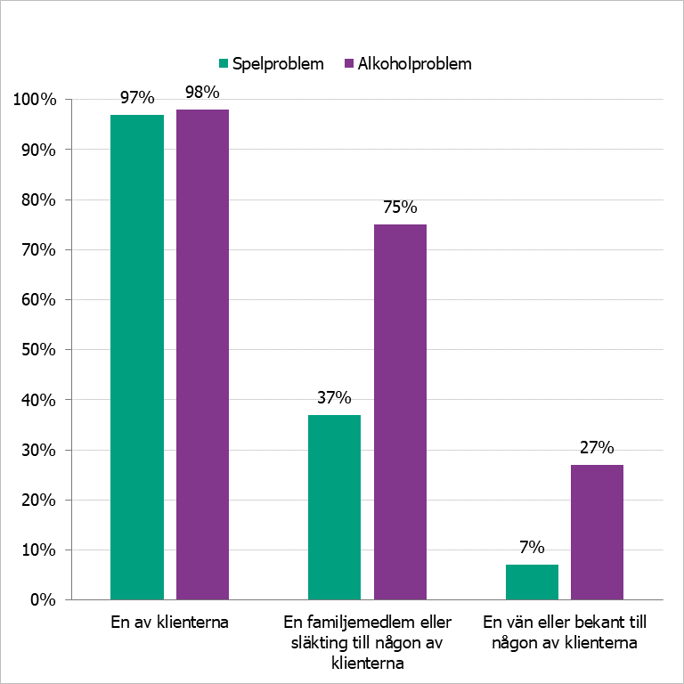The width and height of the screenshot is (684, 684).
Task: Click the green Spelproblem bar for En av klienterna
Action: click(137, 356)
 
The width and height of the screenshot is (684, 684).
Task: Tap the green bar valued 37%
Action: click(334, 507)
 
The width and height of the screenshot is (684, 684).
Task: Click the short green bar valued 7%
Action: click(532, 582)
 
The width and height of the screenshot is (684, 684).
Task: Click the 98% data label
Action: click(202, 91)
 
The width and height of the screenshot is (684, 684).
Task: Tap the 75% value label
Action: click(400, 207)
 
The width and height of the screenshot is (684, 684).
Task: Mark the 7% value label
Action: click(532, 547)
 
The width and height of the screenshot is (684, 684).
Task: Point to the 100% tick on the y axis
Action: click(36, 100)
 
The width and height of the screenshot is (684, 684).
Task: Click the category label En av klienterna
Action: click(169, 623)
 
